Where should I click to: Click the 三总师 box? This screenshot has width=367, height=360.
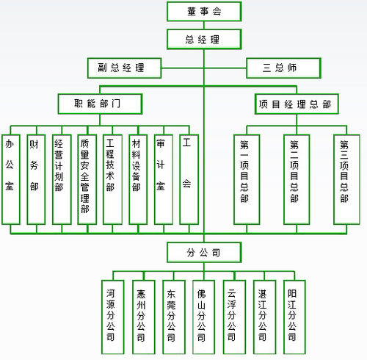click(283, 68)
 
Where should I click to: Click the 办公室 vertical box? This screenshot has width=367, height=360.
click(10, 179)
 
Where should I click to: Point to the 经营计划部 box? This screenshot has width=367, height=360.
click(61, 179)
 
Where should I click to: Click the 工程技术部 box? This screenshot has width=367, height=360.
click(112, 179)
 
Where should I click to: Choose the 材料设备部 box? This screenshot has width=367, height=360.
click(137, 179)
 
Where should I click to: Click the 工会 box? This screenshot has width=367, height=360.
click(189, 179)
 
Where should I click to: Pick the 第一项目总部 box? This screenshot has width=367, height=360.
click(245, 179)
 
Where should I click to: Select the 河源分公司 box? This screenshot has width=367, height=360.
click(111, 312)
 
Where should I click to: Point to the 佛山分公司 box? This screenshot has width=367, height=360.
click(202, 312)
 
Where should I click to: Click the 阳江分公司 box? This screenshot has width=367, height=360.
click(292, 312)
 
